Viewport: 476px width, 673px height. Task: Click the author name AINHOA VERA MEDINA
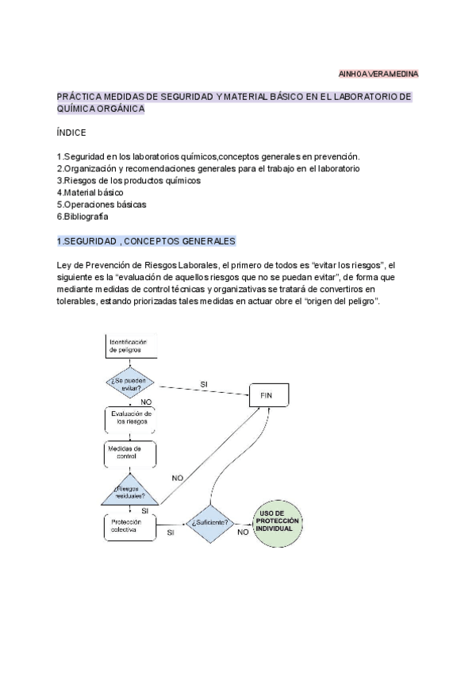coord(378,74)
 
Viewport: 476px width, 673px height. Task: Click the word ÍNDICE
coord(71,133)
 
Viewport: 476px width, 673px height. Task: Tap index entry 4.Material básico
coord(90,192)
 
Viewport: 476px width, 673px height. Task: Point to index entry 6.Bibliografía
coord(83,216)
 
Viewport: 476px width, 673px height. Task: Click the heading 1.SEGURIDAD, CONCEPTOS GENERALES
coord(146,240)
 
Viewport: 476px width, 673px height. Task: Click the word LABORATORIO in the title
coord(367,97)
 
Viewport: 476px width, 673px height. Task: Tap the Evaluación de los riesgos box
coord(131,418)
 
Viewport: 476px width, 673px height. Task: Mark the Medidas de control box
coord(129,452)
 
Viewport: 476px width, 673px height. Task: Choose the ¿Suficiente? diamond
coord(210,523)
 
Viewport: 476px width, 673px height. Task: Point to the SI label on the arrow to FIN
coord(204,384)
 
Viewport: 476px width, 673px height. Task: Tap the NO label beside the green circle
coord(243,532)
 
